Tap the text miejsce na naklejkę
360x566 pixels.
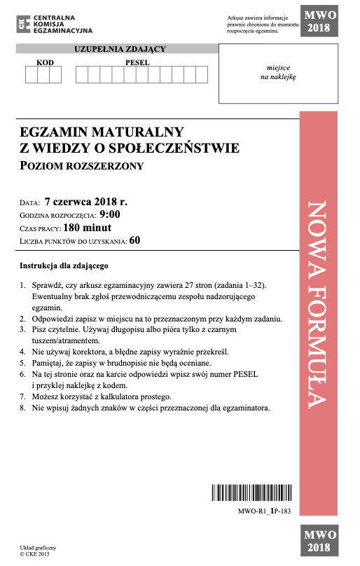tap(278, 73)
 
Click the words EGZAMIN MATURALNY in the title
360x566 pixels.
tap(102, 131)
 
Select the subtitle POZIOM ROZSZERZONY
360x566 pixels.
tap(82, 166)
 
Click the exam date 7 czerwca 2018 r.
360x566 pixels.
tap(85, 202)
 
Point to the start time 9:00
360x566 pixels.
tap(110, 215)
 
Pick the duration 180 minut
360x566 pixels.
tap(87, 228)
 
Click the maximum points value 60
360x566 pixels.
tap(134, 241)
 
